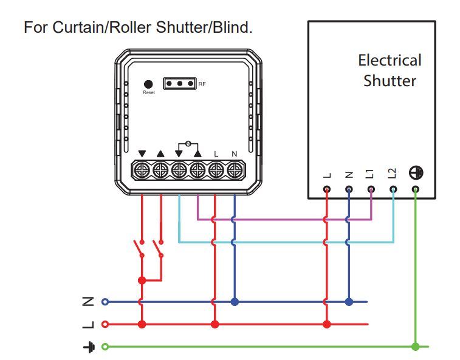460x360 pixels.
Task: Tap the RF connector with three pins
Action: coord(179,83)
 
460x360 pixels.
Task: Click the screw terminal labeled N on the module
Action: coord(234,169)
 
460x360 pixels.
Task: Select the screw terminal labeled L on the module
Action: coord(216,169)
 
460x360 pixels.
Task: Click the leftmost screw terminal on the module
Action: coord(142,169)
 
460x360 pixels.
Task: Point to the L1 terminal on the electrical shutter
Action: coord(371,189)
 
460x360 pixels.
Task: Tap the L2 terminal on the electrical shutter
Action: coord(393,189)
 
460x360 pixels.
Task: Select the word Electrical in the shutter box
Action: coord(390,60)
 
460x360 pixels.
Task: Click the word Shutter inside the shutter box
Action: coord(390,81)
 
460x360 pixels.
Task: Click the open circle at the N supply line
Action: coord(105,301)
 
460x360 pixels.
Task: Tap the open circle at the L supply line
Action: coord(105,324)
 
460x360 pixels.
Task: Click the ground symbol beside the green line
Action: coord(89,347)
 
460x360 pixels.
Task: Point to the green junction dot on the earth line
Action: coord(415,347)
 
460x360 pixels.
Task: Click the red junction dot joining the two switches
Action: coord(142,280)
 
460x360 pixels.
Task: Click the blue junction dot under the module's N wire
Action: coord(234,301)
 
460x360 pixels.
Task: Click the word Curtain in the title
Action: coord(76,27)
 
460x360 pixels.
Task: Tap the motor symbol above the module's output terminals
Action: coord(188,143)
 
